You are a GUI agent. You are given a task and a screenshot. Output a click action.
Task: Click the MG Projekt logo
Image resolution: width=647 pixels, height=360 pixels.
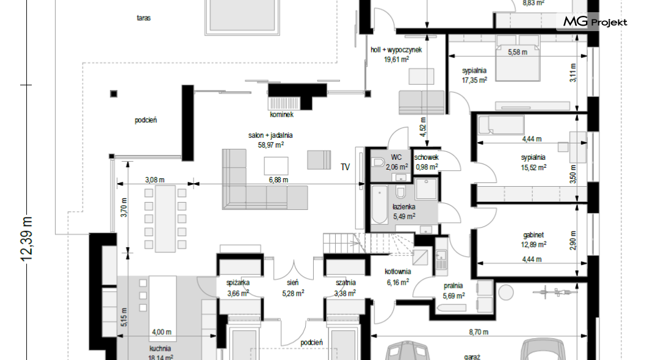(x=595, y=21)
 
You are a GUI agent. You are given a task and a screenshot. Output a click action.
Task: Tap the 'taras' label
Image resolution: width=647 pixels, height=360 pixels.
(x=143, y=18)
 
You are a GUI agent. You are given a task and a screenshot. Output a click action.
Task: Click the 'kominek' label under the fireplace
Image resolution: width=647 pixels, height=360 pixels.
(x=282, y=115)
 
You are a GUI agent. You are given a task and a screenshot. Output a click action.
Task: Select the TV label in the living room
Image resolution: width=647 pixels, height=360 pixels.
(x=345, y=167)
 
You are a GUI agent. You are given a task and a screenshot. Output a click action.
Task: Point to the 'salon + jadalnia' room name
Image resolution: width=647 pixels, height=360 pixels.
(x=270, y=135)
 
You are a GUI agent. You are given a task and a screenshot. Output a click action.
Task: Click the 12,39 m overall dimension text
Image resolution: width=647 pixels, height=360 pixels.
(x=27, y=239)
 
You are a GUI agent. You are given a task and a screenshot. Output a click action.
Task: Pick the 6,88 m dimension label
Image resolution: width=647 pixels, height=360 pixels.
(x=278, y=180)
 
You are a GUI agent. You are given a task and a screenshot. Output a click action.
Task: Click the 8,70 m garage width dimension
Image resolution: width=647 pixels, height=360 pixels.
(x=479, y=331)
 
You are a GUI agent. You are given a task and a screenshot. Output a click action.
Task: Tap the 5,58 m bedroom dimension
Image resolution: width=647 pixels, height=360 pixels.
(x=518, y=52)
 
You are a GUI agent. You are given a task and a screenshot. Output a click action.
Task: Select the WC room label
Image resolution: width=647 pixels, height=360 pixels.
(x=396, y=157)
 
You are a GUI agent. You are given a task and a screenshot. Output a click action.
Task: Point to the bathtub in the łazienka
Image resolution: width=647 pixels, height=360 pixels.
(x=380, y=204)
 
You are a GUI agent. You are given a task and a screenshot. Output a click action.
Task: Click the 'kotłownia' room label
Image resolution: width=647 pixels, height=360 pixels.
(x=398, y=272)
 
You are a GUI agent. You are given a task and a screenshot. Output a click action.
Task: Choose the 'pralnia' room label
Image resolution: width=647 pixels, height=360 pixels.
(x=453, y=286)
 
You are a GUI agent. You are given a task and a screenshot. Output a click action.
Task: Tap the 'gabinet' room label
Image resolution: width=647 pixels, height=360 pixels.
(x=533, y=235)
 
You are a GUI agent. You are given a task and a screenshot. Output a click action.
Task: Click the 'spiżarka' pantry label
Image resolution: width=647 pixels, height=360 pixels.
(x=238, y=283)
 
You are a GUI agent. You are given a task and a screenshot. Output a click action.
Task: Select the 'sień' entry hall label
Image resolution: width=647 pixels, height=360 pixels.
(x=293, y=283)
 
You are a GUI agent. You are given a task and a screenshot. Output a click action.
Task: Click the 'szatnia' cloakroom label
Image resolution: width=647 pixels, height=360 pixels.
(x=345, y=283)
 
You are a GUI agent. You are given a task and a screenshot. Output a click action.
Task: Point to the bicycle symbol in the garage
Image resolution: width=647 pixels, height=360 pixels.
(x=555, y=292)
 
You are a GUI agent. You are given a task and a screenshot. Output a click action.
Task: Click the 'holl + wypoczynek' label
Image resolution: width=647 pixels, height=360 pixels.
(x=396, y=49)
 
